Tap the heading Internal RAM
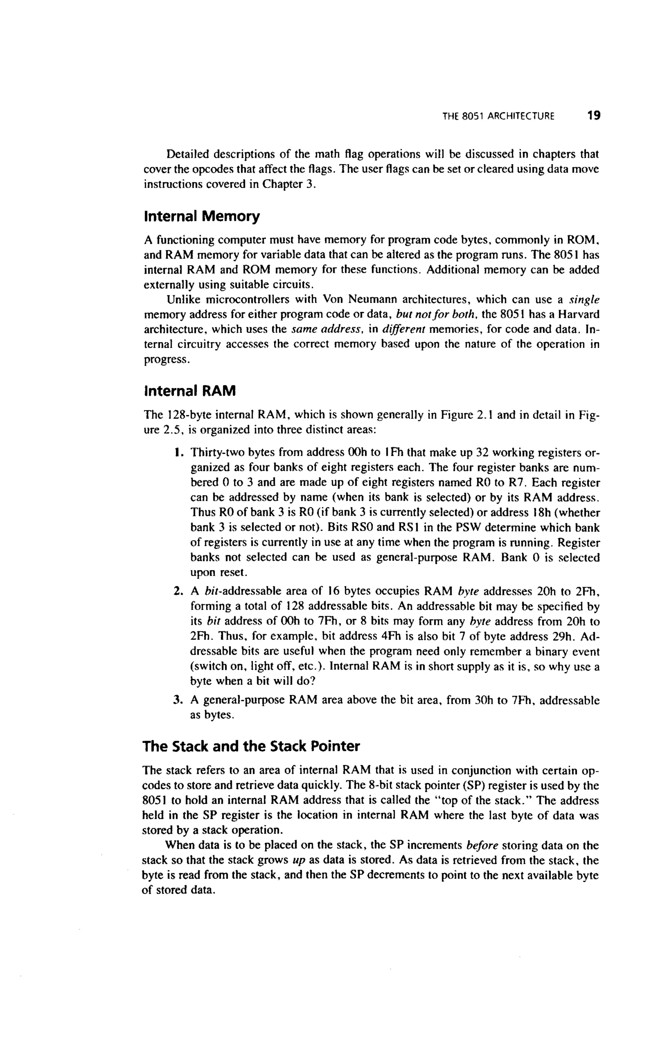pyautogui.click(x=190, y=391)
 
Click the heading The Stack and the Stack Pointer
pyautogui.click(x=251, y=747)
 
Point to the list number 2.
pyautogui.click(x=177, y=591)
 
